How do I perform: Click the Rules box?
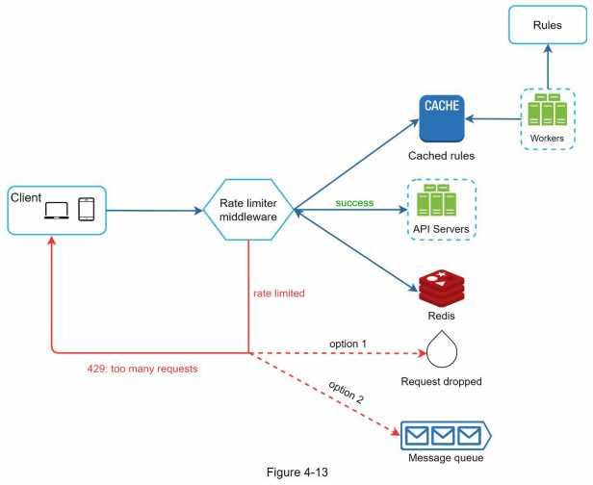[547, 25]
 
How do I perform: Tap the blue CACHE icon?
[442, 118]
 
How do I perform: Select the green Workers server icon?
[547, 110]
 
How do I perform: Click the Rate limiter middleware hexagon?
[248, 210]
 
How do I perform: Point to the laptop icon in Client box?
[57, 211]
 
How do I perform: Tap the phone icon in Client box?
[87, 210]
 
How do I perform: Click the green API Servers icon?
[436, 200]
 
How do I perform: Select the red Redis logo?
[441, 289]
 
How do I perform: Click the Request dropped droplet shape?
[441, 349]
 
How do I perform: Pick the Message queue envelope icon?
[446, 436]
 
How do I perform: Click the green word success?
[354, 203]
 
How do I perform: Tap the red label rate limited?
[279, 294]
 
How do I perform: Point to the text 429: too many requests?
[142, 369]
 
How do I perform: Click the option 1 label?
[348, 344]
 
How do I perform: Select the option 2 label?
[346, 393]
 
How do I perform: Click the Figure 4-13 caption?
[297, 472]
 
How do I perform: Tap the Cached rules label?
[441, 156]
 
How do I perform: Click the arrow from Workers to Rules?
[548, 66]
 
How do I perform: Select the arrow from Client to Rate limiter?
[155, 211]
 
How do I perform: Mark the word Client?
[26, 197]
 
